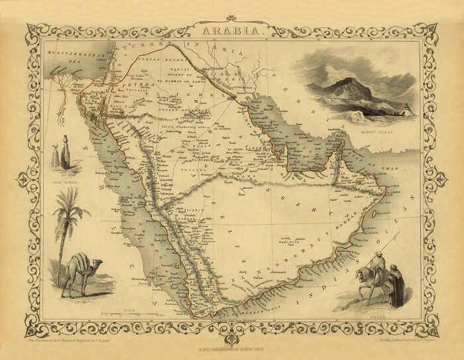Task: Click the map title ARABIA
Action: point(232,30)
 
